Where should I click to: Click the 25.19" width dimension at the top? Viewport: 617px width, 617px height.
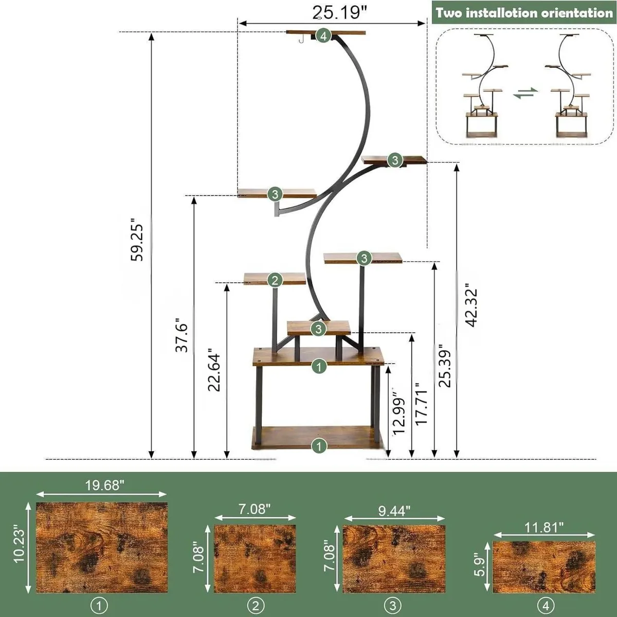336,12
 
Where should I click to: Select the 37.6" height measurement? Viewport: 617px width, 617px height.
182,335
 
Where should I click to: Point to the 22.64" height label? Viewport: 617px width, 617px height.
214,372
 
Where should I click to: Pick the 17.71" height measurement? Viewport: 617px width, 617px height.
422,404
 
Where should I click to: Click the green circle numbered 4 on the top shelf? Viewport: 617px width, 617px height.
323,36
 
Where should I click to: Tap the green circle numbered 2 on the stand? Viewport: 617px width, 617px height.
275,280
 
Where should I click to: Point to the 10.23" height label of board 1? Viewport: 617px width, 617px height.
20,544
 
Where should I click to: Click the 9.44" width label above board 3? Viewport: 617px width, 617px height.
394,511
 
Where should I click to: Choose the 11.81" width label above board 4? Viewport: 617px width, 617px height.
544,527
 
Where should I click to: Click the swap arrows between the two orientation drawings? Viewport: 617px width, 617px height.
525,93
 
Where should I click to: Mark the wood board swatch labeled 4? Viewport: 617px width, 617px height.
544,567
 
